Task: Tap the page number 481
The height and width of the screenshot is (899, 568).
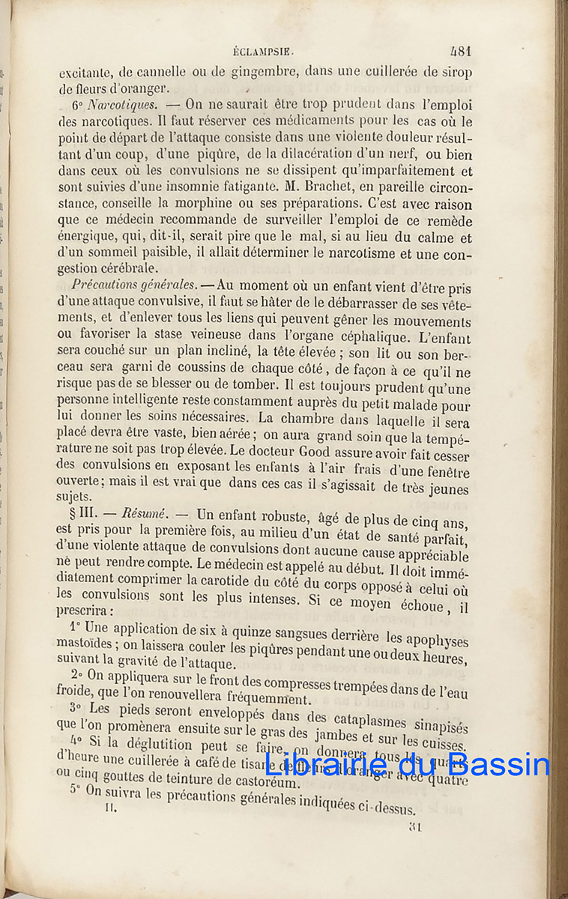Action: pyautogui.click(x=459, y=52)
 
